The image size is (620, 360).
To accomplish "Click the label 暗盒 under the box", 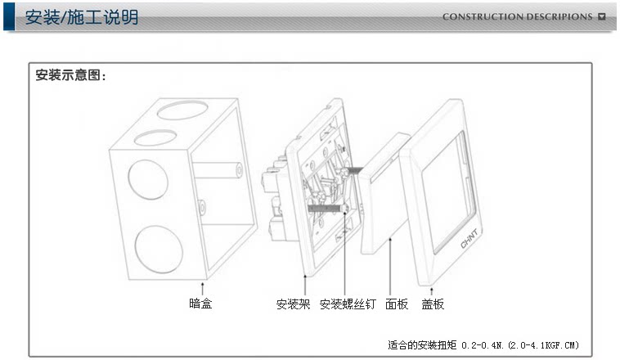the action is pos(201,304).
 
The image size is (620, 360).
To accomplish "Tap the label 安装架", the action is pos(293,304).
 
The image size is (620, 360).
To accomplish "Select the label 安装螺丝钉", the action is pos(348,304).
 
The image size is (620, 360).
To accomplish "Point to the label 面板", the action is pos(396,304).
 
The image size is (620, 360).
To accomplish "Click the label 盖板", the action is pos(433,304).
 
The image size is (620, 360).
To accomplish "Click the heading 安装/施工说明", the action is pos(82,17).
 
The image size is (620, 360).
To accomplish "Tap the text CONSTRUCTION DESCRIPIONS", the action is pos(517,16).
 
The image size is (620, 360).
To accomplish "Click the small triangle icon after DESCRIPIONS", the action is pos(602,16).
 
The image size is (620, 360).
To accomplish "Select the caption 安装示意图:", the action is pos(71,75).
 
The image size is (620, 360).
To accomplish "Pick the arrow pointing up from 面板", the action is pos(392,262).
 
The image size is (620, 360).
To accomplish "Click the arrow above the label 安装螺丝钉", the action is pos(346,262).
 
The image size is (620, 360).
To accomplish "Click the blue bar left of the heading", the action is pos(9,16).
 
